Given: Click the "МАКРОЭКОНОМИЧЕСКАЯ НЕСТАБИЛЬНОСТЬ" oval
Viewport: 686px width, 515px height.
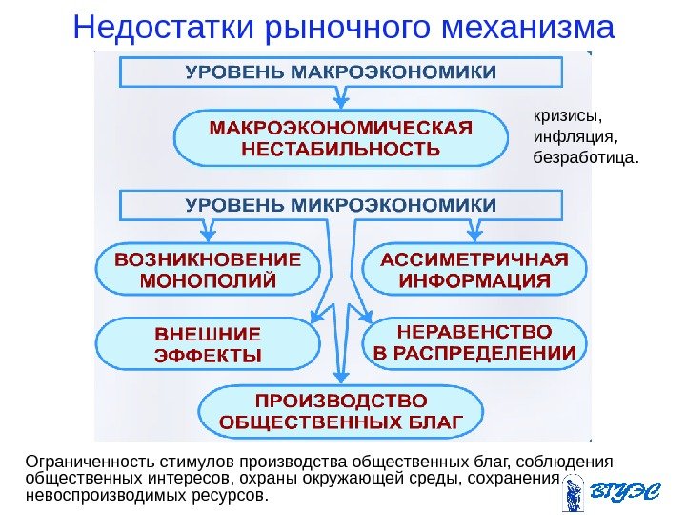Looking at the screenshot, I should coord(341,138).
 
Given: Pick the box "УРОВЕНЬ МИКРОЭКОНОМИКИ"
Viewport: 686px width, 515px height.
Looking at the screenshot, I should coord(341,204).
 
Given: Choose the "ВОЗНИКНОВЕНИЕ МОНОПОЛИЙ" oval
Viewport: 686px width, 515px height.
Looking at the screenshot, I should coord(208,270).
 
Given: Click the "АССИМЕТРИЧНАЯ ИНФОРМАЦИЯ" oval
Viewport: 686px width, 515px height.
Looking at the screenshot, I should coord(474,270).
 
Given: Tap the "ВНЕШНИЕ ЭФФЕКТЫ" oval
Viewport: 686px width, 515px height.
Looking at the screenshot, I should coord(208,346).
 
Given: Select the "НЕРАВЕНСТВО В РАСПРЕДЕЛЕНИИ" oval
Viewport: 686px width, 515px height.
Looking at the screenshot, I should coord(474,346).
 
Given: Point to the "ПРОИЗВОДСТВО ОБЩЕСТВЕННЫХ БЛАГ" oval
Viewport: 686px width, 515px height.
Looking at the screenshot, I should coord(341,411).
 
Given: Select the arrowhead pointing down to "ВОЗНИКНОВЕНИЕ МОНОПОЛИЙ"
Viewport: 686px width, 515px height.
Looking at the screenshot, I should coord(208,233).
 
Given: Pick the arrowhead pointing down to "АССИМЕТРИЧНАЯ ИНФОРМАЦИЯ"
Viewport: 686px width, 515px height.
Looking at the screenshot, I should coord(474,233).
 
